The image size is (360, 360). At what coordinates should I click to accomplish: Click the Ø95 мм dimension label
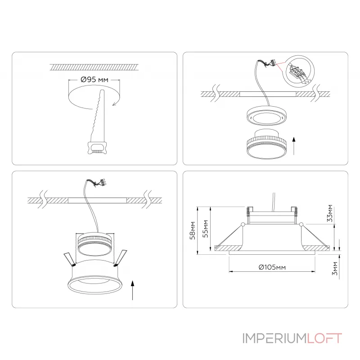coord(94,80)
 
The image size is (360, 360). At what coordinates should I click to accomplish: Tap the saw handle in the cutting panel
coord(97,148)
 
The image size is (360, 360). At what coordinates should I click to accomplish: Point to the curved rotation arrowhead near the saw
coord(114,104)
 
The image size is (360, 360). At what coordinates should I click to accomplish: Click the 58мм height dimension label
coord(193,230)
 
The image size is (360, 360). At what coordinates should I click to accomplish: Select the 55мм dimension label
coord(206,229)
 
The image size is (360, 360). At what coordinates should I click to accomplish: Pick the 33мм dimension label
coord(330,213)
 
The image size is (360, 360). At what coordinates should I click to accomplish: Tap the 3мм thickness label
coord(335,268)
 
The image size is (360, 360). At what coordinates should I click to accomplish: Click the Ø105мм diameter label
coord(272,267)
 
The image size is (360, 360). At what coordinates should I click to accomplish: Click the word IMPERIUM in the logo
coord(274,338)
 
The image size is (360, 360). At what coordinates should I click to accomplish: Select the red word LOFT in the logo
coord(324,338)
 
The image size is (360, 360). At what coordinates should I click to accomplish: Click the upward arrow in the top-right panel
coord(294,146)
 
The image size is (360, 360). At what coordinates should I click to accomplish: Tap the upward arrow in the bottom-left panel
coord(132,290)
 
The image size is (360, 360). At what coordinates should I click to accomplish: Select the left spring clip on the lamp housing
coord(70,260)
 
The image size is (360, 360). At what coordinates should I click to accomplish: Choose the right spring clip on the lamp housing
coord(121,258)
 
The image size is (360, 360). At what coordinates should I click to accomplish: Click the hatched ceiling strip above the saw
coord(94,67)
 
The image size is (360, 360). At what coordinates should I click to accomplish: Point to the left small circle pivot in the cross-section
coord(243,224)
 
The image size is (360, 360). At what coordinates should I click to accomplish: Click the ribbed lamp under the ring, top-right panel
coord(266,144)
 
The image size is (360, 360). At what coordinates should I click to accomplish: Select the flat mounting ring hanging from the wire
coord(267,116)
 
